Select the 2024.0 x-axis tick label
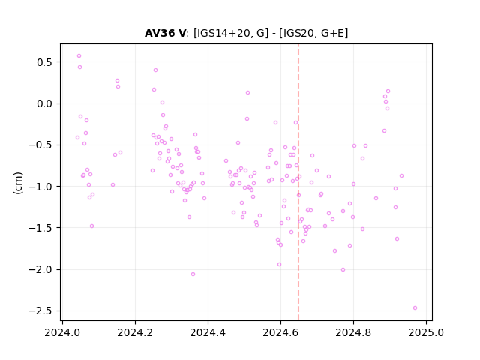(x=62, y=332)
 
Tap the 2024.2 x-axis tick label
(x=135, y=332)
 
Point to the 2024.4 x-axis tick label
(x=208, y=332)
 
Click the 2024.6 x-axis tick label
(x=280, y=332)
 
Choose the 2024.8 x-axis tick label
(x=353, y=332)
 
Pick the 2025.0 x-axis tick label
(x=426, y=332)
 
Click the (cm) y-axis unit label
(x=18, y=183)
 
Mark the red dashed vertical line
(x=298, y=182)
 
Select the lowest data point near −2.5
(x=415, y=308)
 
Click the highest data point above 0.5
(x=79, y=56)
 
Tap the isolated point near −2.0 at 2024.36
(x=193, y=274)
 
